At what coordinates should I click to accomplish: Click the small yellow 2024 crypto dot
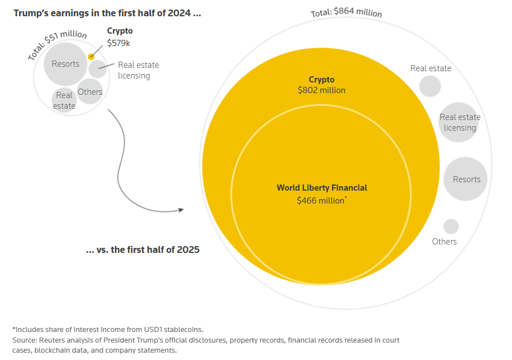click(x=91, y=57)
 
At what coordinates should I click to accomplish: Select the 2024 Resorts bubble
click(x=66, y=63)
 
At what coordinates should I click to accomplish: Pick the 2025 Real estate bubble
click(x=430, y=86)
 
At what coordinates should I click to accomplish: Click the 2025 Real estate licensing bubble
click(x=459, y=123)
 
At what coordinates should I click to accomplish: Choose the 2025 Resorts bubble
click(x=466, y=179)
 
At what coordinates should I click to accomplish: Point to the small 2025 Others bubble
click(x=451, y=227)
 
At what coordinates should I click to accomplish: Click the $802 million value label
click(x=321, y=90)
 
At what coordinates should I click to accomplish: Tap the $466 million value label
click(x=321, y=200)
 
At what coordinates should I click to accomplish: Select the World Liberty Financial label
click(x=322, y=188)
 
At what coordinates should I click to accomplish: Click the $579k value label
click(x=118, y=43)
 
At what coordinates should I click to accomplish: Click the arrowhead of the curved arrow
click(x=181, y=210)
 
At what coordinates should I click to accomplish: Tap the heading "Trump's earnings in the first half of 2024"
click(x=107, y=12)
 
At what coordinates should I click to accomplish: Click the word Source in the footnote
click(x=25, y=340)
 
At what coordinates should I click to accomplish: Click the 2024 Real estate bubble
click(x=64, y=100)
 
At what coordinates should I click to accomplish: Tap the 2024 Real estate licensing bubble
click(x=98, y=69)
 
